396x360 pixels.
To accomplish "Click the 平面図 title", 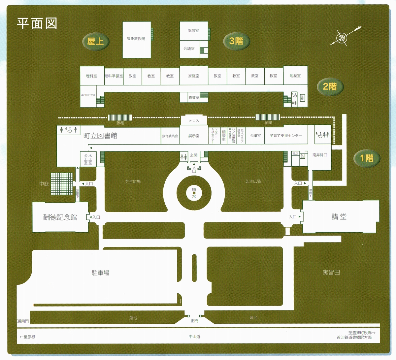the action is coord(37,23).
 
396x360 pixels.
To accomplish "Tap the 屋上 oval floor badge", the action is coord(95,41).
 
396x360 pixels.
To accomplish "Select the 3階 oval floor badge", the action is coord(236,41).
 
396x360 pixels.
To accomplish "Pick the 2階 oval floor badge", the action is coord(330,86).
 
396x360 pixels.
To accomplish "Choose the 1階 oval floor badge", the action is coord(367,158).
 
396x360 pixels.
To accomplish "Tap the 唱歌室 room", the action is coord(193,31).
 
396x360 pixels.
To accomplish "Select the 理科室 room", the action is coord(91,76).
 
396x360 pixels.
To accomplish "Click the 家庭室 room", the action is coord(194,76).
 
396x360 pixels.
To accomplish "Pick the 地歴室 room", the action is coord(295,76).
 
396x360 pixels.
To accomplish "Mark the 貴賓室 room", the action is coord(194,97).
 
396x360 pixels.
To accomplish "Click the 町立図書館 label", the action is coord(100,136).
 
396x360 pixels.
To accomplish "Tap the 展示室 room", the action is coord(194,136).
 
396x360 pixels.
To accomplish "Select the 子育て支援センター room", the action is coord(286,136).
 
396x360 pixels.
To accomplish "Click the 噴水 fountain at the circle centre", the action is coord(194,193).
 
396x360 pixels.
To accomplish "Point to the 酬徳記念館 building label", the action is coord(60,217).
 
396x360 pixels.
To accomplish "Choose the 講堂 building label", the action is coord(339,217).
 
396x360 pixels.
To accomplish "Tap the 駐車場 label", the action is coord(100,273).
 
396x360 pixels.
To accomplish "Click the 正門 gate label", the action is coord(194,321).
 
